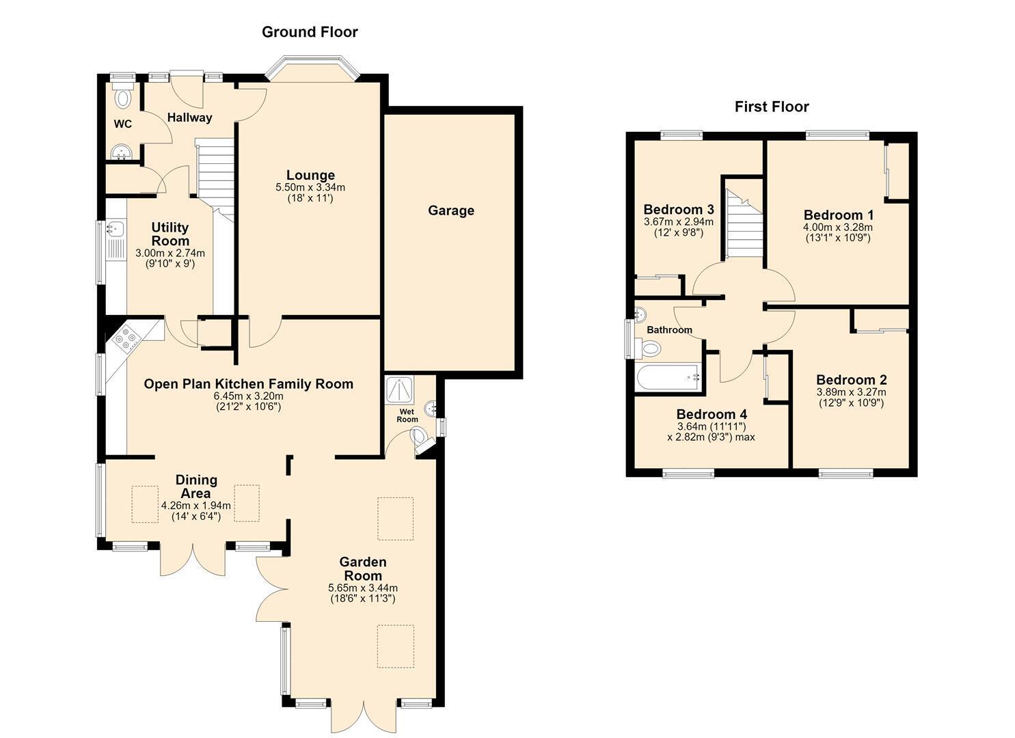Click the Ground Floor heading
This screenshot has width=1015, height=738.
pyautogui.click(x=310, y=32)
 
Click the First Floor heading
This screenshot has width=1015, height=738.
pyautogui.click(x=772, y=107)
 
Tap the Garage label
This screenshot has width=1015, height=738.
pyautogui.click(x=451, y=210)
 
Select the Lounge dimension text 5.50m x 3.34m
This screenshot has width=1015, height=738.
pyautogui.click(x=310, y=187)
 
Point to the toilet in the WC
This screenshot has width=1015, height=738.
pyautogui.click(x=123, y=96)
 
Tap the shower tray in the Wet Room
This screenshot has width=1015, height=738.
pyautogui.click(x=400, y=389)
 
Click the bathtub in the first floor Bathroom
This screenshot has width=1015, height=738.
pyautogui.click(x=668, y=377)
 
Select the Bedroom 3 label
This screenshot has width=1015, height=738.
pyautogui.click(x=679, y=210)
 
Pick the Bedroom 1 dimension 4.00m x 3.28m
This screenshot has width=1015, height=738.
pyautogui.click(x=838, y=228)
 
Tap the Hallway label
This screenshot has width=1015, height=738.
pyautogui.click(x=190, y=118)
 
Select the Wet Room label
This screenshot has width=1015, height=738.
pyautogui.click(x=407, y=416)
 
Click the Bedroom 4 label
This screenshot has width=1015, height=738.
pyautogui.click(x=712, y=414)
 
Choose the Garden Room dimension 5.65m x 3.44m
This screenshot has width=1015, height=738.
pyautogui.click(x=363, y=588)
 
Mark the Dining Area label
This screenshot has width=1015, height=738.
pyautogui.click(x=196, y=487)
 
